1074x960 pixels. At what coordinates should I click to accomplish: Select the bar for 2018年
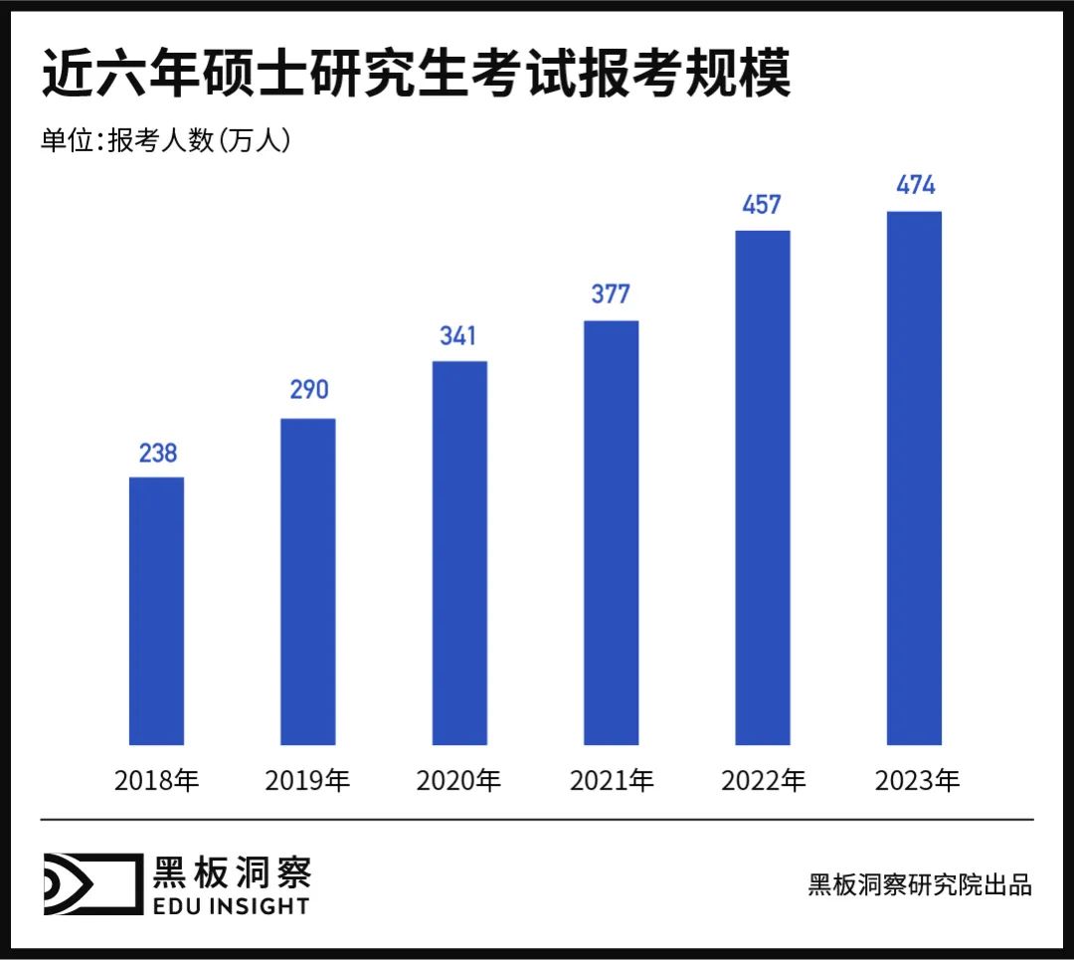(157, 611)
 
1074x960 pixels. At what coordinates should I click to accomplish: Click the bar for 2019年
(308, 582)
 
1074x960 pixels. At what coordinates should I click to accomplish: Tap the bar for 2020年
(459, 553)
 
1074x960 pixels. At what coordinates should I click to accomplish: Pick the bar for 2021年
(611, 532)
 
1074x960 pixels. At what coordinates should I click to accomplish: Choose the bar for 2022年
(762, 487)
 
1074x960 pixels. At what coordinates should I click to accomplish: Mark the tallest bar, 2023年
(914, 478)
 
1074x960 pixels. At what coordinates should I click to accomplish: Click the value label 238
(157, 454)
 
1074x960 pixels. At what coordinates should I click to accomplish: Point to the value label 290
(308, 390)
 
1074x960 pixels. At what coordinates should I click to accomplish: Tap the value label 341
(459, 335)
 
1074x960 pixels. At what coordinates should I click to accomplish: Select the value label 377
(611, 294)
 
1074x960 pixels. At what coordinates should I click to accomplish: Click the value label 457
(762, 205)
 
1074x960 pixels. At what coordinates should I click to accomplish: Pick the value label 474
(914, 185)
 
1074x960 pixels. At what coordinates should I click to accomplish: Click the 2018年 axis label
(157, 781)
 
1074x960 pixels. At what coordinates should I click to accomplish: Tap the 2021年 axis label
(611, 781)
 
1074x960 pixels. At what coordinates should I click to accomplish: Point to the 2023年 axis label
(916, 781)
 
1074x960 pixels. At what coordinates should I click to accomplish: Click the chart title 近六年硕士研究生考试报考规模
(416, 76)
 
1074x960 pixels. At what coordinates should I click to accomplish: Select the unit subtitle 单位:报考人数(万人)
(165, 141)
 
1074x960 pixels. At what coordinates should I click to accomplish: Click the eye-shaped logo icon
(89, 883)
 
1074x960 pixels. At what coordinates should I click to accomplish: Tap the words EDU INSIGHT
(232, 905)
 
